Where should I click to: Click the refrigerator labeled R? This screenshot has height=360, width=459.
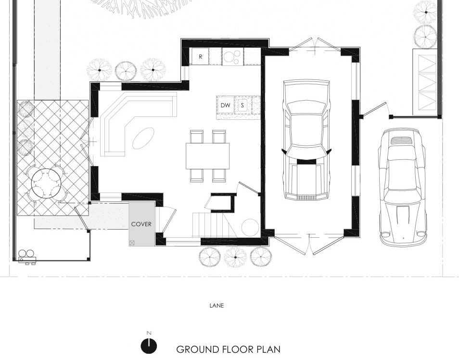[x=200, y=56]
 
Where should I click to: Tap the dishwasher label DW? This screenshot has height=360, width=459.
[x=225, y=105]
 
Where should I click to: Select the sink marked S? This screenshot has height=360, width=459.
[x=242, y=105]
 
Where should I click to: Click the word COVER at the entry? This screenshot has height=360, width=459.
[x=141, y=224]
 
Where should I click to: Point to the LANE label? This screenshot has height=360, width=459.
[x=217, y=306]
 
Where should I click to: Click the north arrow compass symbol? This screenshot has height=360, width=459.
[x=149, y=345]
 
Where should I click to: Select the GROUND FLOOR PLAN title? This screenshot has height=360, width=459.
[x=229, y=349]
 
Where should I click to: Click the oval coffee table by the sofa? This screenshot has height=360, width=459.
[x=143, y=138]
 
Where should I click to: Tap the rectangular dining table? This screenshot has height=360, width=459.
[x=207, y=156]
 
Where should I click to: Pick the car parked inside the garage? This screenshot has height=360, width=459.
[x=306, y=140]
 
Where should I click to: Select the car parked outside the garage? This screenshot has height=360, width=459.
[x=403, y=186]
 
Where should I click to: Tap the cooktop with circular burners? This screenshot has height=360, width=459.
[x=233, y=56]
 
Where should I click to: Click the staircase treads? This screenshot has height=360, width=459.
[x=210, y=225]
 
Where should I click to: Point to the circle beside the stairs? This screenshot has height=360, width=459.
[x=250, y=227]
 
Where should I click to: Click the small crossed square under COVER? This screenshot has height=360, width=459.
[x=132, y=243]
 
